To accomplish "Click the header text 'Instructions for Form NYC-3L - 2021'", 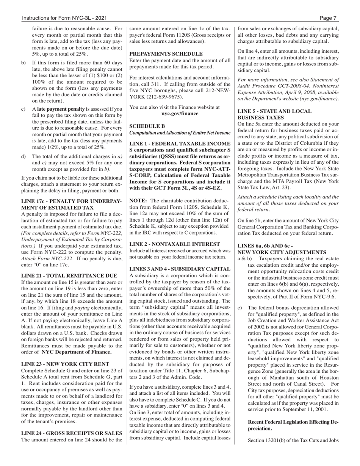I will pos(64,18).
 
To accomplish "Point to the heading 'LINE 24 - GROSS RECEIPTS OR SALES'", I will pos(72,433).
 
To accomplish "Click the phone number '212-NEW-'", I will pos(218,91).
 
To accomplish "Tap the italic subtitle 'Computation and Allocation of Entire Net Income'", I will pos(180,133).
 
